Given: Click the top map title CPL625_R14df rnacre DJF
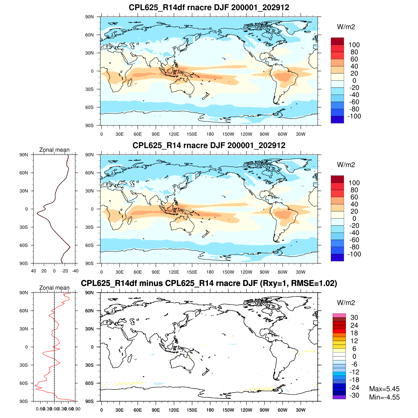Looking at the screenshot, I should coord(209,7).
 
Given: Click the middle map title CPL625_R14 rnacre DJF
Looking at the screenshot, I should coord(209,145).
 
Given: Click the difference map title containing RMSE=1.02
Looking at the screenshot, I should coord(209,283).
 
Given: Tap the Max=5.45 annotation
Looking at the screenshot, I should coord(384,389).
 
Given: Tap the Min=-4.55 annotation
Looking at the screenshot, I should coord(384,397).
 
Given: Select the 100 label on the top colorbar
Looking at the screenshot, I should coord(354,45).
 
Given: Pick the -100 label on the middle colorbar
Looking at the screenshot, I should coord(354,254).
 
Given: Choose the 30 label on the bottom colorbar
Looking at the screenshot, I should coord(354,317).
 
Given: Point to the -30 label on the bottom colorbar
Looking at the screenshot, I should coord(354,395).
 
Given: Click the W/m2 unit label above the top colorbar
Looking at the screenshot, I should coord(346,27).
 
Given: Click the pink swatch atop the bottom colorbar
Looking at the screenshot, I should coord(339,315).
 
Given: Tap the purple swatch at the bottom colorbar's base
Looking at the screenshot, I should coord(339,397).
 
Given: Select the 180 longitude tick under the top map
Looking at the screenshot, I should coord(210,134).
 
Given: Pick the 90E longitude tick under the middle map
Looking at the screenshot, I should coord(156,272).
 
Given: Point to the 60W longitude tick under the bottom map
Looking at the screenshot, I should coord(282,410).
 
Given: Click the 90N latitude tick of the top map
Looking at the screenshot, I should coord(90,17).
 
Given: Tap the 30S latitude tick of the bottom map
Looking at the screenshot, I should coord(90,365).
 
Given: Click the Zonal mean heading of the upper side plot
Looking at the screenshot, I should coord(54,150).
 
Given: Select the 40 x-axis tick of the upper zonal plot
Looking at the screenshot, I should coord(33,271).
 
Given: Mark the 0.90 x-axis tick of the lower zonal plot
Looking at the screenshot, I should coord(76,409).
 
